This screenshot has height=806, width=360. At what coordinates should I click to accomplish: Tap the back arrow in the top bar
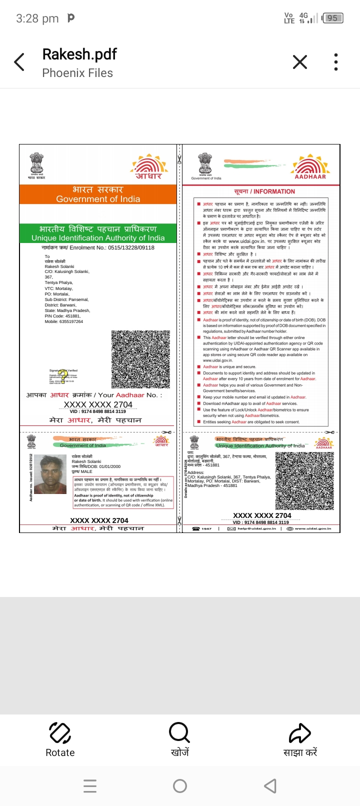pos(19,62)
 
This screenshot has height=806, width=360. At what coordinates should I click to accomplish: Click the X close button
pos(299,62)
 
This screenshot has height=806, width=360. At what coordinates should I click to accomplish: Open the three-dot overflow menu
pos(336,62)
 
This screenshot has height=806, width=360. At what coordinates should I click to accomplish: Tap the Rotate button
pos(60,740)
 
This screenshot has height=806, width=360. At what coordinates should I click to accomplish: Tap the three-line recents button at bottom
pos(90,786)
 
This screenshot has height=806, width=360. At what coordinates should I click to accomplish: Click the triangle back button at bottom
pos(270,786)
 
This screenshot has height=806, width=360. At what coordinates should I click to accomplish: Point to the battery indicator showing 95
pos(332,18)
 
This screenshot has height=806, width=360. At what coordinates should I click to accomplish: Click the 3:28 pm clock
pos(37,19)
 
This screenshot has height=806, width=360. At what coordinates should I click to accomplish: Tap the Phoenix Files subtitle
pos(77,73)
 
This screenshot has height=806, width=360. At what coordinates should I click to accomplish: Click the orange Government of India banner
pos(98,194)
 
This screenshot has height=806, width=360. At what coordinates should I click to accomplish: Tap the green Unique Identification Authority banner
pos(98,233)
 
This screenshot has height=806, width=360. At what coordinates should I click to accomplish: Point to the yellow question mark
pos(62,375)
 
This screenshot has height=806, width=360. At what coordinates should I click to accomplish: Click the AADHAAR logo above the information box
pos(310,167)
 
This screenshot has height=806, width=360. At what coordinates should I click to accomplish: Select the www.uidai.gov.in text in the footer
pos(312,528)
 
